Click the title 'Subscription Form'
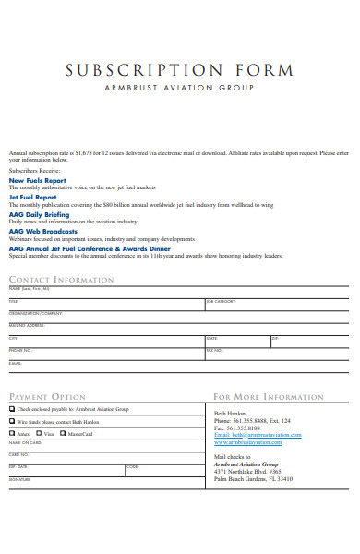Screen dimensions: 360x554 coord(179,71)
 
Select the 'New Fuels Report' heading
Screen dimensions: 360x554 coord(37,180)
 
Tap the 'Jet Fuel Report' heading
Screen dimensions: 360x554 coord(33,197)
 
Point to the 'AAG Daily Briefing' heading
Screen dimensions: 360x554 coord(38,213)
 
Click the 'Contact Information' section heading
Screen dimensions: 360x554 coord(61,279)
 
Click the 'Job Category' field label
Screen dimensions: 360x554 coord(222,301)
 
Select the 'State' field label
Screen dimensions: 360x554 coord(212,338)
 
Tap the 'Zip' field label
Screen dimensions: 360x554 coord(275,338)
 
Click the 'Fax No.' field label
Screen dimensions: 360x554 coord(214,350)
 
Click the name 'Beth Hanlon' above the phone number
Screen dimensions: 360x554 coord(231,413)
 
